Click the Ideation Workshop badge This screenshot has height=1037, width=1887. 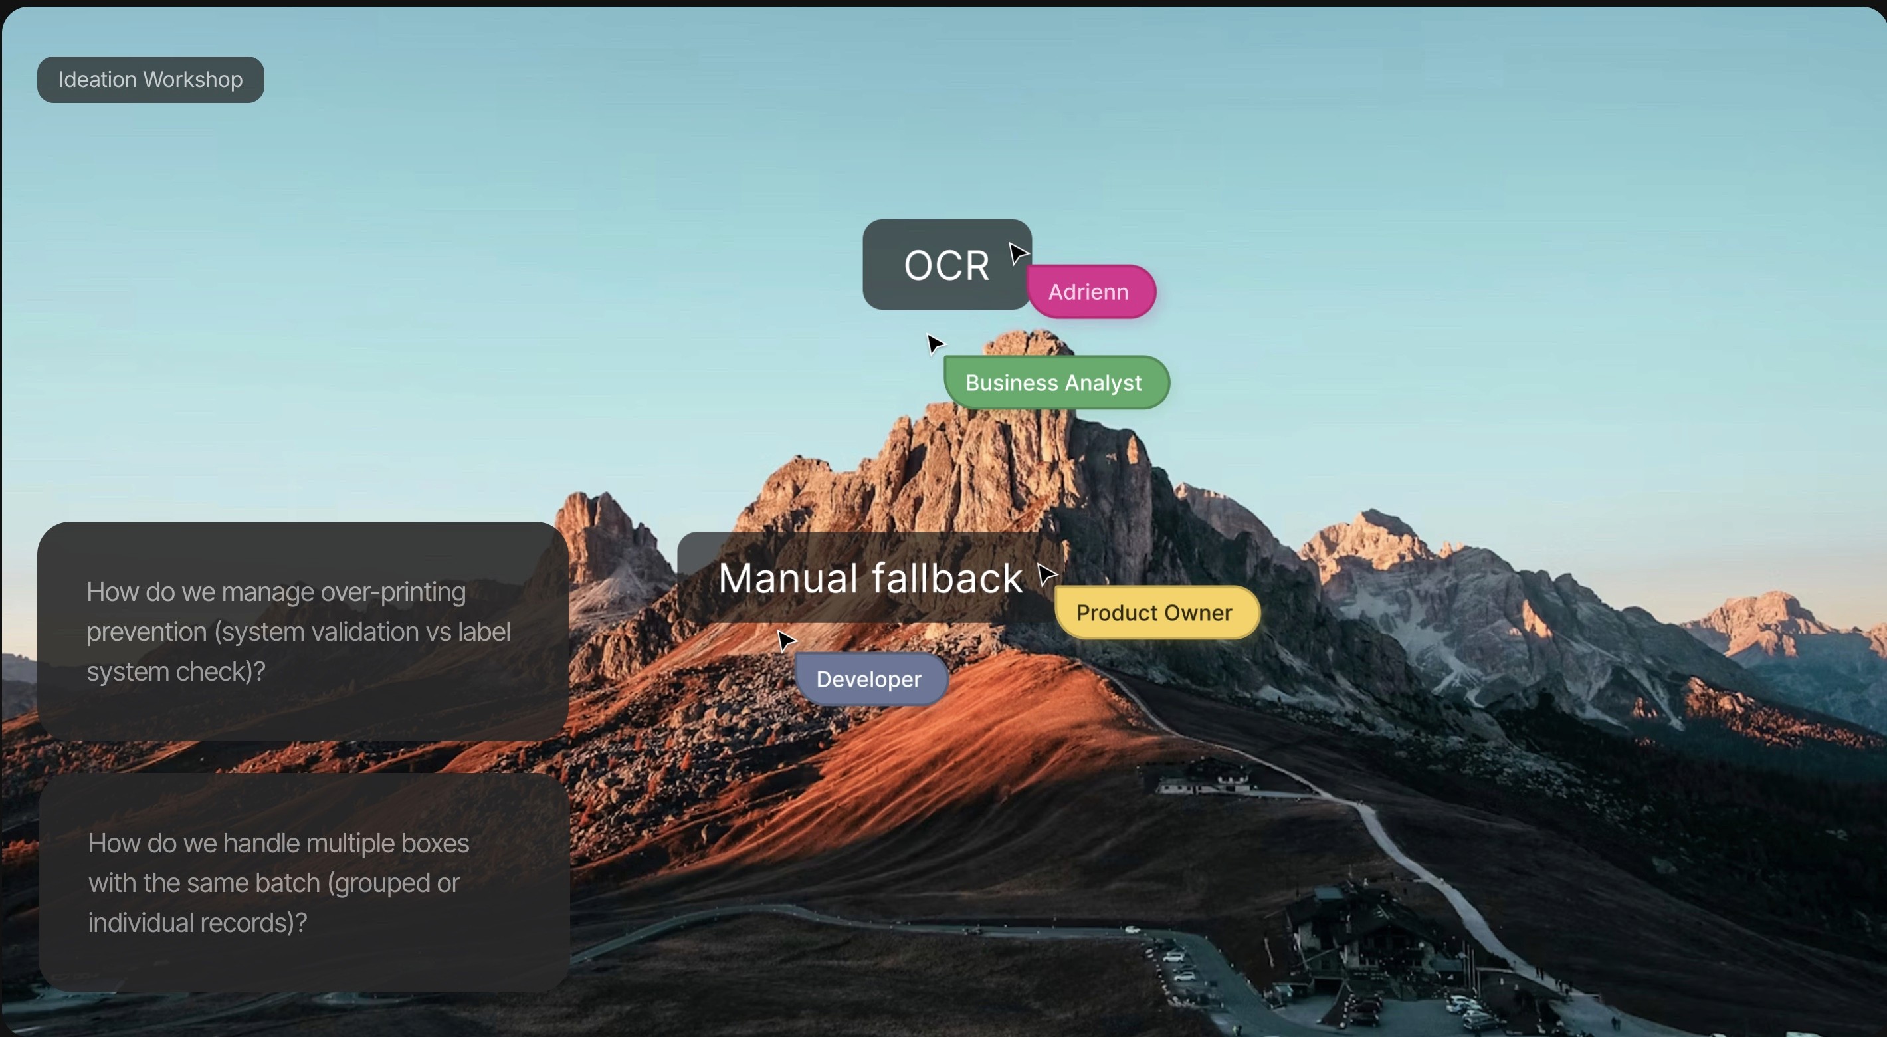click(150, 80)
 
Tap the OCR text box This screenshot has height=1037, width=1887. click(946, 265)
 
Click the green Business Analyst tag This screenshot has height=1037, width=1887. click(1056, 382)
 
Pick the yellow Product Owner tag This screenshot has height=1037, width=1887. click(1156, 613)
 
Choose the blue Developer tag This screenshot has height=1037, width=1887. click(870, 679)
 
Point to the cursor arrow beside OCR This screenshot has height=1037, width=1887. click(1017, 253)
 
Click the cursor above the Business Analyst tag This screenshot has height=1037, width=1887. click(936, 344)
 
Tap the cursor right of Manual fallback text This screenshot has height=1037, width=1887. click(1046, 574)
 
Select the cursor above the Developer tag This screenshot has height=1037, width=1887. click(785, 641)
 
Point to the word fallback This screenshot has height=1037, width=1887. click(950, 578)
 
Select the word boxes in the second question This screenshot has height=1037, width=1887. click(435, 844)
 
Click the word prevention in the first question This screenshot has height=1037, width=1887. click(146, 632)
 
